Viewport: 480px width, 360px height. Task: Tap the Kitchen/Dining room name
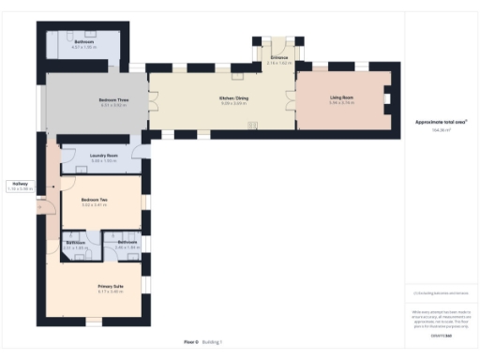(233, 98)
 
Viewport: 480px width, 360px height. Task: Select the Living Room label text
(340, 98)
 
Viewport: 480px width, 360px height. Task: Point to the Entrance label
(279, 57)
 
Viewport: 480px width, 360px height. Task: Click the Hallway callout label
(19, 183)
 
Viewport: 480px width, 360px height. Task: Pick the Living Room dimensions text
(340, 103)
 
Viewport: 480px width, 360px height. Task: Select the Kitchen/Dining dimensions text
(233, 103)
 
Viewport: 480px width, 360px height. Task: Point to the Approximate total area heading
(441, 123)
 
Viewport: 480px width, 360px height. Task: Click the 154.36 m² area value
(441, 130)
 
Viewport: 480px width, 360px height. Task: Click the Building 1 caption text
(214, 342)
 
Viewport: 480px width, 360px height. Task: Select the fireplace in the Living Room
(387, 98)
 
